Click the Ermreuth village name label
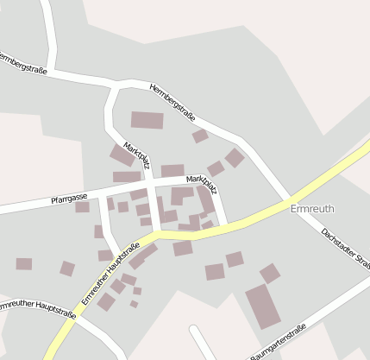312,209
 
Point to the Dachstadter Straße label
344,245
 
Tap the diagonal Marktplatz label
138,158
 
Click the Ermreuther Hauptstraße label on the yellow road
110,274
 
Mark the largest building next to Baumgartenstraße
263,305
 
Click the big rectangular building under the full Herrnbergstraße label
147,121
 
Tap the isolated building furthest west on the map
23,264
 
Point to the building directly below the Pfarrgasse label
82,207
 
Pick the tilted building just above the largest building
270,273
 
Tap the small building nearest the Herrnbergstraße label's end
200,136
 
